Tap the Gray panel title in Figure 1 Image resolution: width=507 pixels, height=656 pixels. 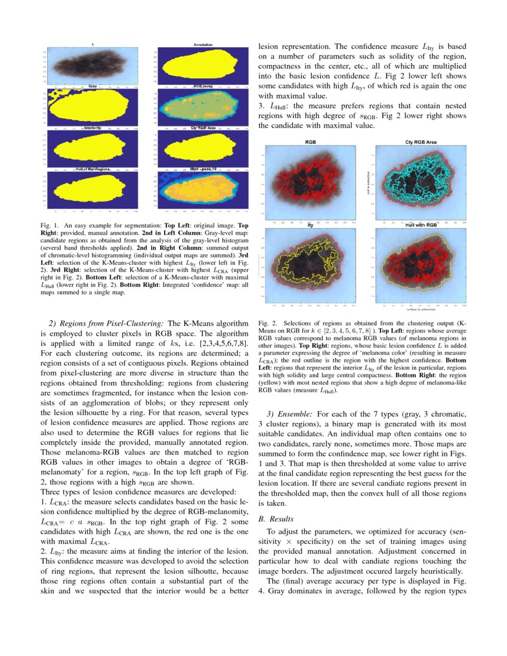coord(93,87)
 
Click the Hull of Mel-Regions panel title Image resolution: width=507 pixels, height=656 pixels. coord(93,170)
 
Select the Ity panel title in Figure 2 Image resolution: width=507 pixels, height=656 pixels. coord(310,225)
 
